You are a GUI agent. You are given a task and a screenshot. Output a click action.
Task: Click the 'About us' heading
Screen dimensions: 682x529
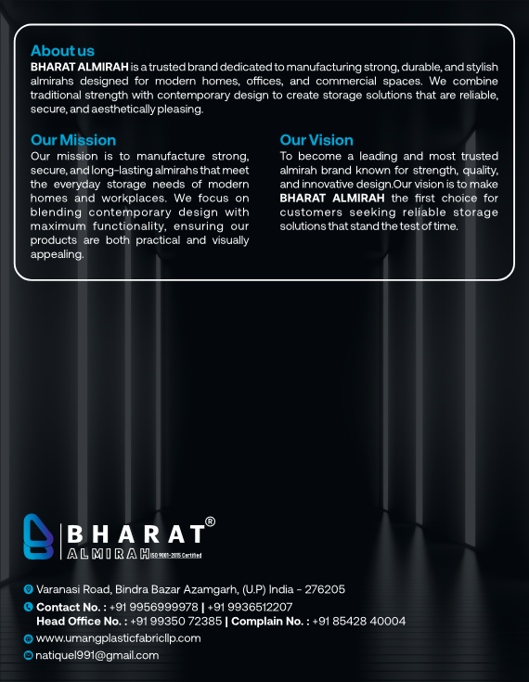click(x=62, y=50)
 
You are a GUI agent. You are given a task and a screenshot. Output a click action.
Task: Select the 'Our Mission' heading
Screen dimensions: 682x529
click(x=73, y=140)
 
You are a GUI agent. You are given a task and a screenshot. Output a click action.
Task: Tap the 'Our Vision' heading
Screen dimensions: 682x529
click(x=316, y=140)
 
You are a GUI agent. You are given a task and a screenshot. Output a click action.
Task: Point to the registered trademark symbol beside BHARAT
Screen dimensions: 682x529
click(x=210, y=522)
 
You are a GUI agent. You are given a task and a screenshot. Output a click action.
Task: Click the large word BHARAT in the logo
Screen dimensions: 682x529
click(x=135, y=534)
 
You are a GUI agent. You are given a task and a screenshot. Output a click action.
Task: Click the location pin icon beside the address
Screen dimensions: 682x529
click(x=28, y=589)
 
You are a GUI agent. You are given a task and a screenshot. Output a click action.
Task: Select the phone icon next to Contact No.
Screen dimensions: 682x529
click(x=28, y=607)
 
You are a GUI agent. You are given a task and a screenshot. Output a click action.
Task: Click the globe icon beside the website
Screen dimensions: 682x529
click(x=28, y=638)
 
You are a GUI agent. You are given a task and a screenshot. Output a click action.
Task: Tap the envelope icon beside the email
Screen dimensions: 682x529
click(x=28, y=655)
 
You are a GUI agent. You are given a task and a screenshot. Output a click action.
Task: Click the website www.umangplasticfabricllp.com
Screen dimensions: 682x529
click(x=118, y=638)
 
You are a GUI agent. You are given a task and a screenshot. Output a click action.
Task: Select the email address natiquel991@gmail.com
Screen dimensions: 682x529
click(x=97, y=655)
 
